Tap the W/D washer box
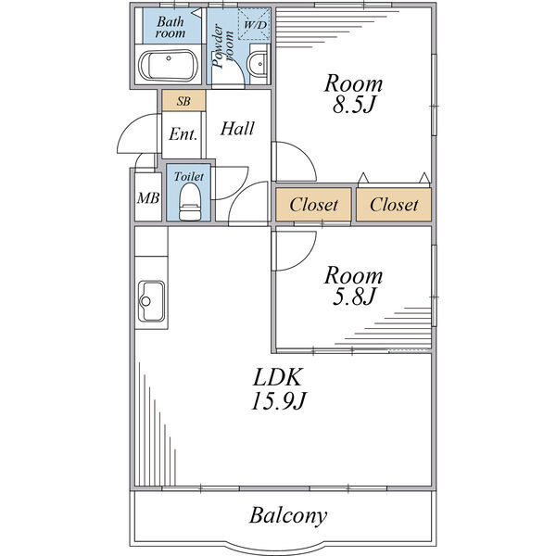[x=252, y=25]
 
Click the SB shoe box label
[x=183, y=100]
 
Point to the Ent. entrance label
[x=183, y=134]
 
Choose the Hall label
[x=237, y=129]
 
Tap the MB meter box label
[x=147, y=198]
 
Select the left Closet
[x=314, y=205]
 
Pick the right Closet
[x=394, y=205]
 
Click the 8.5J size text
[x=353, y=106]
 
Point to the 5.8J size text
[x=352, y=297]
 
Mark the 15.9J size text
[x=278, y=401]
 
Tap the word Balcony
[x=288, y=515]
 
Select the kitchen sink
[x=149, y=301]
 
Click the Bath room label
[x=171, y=27]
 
